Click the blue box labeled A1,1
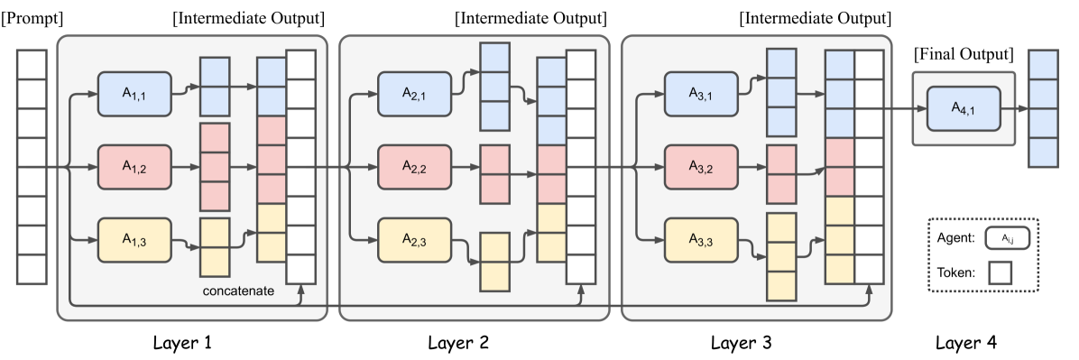134,93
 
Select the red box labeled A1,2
134,167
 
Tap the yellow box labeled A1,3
134,239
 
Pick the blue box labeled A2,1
414,93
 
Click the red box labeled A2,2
414,167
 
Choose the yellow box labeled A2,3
414,239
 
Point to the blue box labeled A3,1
700,93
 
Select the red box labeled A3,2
700,167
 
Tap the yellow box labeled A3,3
700,239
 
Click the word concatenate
238,292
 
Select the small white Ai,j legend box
1008,239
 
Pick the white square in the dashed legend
1000,273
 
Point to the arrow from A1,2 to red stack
185,167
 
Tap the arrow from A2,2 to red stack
466,167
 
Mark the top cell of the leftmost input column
31,65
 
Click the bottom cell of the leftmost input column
31,269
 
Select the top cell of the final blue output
1043,65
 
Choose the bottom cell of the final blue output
1043,152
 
